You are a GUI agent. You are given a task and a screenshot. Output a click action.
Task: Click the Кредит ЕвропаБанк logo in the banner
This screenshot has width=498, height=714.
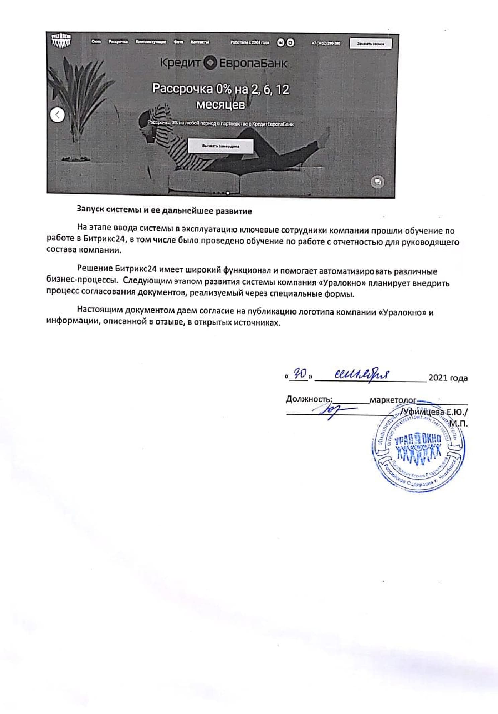click(x=223, y=63)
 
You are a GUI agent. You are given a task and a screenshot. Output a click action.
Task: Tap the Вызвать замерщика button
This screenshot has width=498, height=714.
click(x=221, y=146)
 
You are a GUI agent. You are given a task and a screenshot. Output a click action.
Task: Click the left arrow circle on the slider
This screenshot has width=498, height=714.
click(x=57, y=115)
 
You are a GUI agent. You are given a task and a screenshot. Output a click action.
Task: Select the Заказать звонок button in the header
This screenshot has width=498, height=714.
click(x=370, y=44)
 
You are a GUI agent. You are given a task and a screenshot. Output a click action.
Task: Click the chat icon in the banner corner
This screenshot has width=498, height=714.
click(x=378, y=182)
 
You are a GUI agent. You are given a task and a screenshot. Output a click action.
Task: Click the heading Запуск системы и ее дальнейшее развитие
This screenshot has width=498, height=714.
click(x=164, y=211)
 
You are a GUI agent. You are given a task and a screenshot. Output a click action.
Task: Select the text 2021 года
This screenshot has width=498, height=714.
click(x=448, y=378)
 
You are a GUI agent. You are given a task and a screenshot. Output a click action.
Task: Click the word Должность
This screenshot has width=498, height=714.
click(x=309, y=399)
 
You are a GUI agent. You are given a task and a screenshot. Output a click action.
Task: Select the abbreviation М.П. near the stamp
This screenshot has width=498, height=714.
click(x=458, y=424)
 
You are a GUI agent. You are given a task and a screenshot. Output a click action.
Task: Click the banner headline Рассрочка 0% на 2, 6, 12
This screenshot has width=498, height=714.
click(x=221, y=89)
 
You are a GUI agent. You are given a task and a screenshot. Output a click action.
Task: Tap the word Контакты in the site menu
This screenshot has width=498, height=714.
click(x=200, y=42)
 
